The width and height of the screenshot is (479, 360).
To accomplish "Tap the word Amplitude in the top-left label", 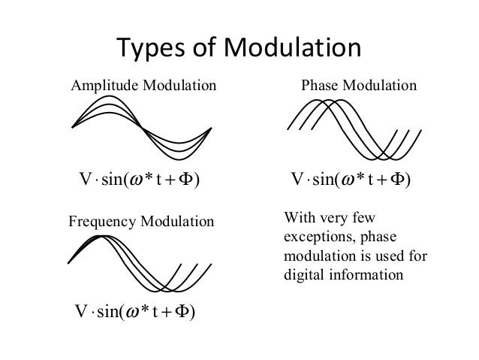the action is pyautogui.click(x=102, y=86).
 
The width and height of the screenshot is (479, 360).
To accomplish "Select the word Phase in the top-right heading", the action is pyautogui.click(x=318, y=86).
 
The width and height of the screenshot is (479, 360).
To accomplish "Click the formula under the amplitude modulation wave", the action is pyautogui.click(x=139, y=181).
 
